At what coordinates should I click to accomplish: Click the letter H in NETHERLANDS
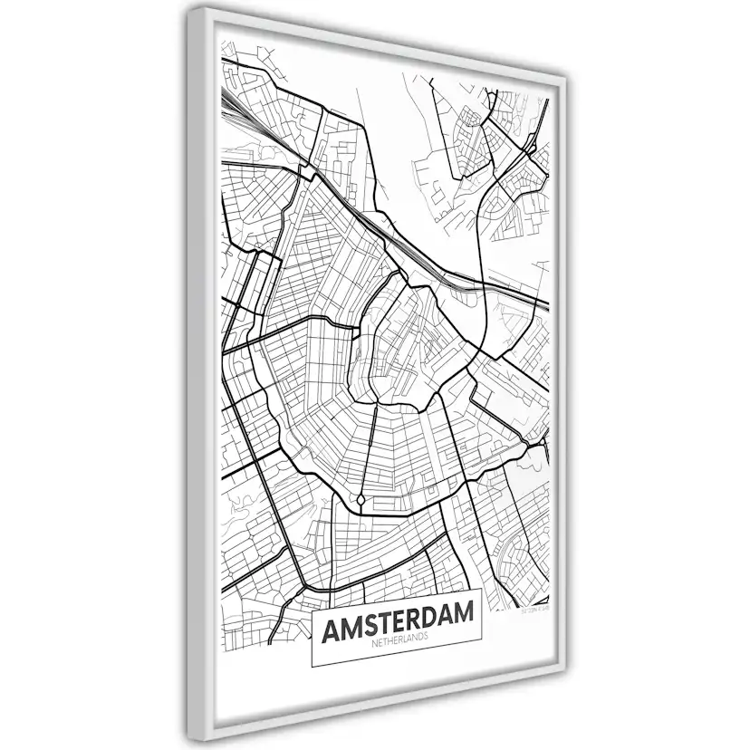point(388,643)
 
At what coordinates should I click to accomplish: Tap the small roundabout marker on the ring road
point(361,500)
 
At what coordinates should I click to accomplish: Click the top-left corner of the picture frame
point(188,10)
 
